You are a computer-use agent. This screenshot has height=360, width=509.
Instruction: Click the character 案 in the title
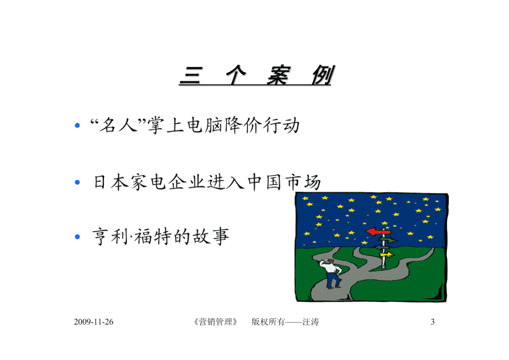click(278, 75)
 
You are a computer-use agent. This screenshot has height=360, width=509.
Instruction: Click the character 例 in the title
click(322, 75)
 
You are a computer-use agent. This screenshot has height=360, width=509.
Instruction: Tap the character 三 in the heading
click(191, 76)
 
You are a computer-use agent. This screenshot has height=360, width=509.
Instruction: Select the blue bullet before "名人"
click(77, 125)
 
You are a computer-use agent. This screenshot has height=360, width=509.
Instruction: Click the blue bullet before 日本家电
click(77, 182)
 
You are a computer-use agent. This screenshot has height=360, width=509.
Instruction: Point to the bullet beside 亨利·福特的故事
click(77, 237)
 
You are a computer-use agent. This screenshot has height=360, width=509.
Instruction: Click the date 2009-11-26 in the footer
click(93, 322)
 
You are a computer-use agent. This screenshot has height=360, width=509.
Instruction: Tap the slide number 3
click(432, 322)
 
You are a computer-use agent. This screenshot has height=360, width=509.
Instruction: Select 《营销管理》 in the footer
click(215, 322)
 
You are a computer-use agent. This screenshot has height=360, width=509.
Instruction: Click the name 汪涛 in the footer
click(311, 322)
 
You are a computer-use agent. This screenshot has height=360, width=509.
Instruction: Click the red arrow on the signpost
click(378, 232)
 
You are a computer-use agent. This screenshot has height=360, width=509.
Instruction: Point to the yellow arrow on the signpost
click(387, 255)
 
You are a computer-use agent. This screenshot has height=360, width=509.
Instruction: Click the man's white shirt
click(332, 268)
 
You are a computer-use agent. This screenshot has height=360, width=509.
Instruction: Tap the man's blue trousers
click(333, 280)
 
